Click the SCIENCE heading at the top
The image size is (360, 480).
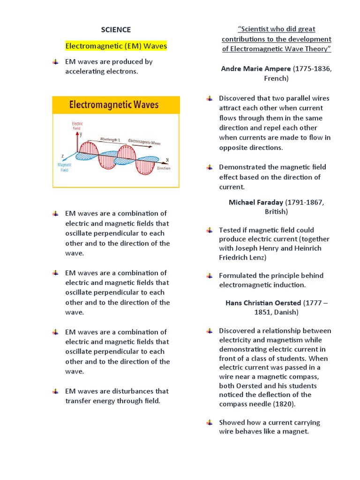tap(116, 30)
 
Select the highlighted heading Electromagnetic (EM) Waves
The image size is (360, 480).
tap(116, 46)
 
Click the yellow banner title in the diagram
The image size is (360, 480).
tap(114, 105)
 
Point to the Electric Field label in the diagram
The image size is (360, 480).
tap(77, 126)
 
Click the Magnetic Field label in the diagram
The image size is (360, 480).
tap(64, 167)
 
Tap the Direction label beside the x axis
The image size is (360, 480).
tap(164, 168)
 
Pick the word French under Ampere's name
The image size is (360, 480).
tap(276, 78)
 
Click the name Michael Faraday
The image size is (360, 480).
tap(255, 202)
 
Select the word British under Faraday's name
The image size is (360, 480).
tap(276, 211)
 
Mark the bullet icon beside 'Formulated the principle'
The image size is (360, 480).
tap(210, 276)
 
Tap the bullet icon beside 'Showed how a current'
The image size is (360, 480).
tap(210, 422)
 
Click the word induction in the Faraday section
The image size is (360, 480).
tap(289, 285)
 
